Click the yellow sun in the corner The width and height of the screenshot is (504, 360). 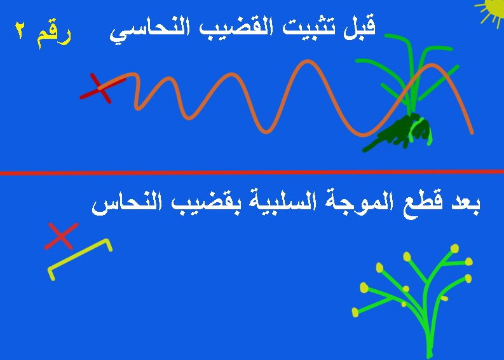(x=493, y=9)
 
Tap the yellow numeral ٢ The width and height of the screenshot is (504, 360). (x=20, y=31)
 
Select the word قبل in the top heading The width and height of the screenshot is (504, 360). (x=359, y=27)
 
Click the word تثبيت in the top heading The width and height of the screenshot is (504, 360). (x=310, y=27)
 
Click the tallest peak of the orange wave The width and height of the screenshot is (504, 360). (x=308, y=62)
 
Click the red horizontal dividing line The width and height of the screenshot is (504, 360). (x=252, y=173)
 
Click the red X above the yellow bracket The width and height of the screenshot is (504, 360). (x=61, y=236)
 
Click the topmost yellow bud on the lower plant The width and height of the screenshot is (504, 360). (x=454, y=249)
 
